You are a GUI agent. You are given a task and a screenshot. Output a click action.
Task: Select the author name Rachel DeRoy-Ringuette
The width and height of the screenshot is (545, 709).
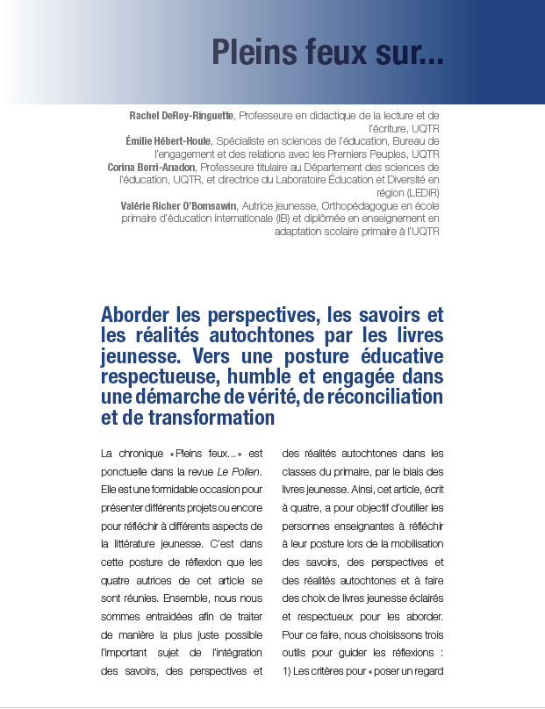[183, 115]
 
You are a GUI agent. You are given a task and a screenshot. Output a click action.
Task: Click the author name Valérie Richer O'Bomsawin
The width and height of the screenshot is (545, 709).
[172, 205]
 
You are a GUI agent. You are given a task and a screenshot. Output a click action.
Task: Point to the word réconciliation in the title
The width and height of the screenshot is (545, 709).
[390, 397]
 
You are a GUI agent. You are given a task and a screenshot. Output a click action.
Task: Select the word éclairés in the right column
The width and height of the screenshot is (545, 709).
[425, 594]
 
